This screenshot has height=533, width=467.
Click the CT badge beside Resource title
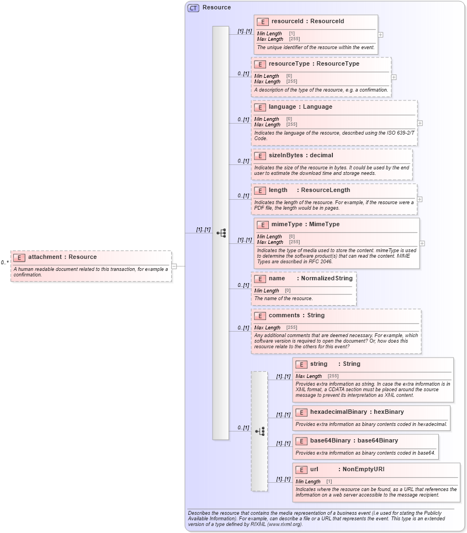(x=193, y=8)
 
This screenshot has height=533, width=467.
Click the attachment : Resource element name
(x=62, y=257)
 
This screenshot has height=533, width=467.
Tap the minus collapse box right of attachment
(x=174, y=266)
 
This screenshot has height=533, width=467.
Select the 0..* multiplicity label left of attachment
(x=4, y=263)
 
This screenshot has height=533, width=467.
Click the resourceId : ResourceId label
(x=307, y=22)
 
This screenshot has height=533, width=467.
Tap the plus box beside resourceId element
(x=380, y=34)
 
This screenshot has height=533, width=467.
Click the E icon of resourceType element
(x=260, y=64)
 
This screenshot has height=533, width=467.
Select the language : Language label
(x=300, y=107)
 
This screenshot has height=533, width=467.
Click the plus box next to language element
(x=420, y=123)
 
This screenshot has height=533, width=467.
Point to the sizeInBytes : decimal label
(x=301, y=156)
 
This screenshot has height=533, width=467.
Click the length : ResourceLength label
(x=309, y=190)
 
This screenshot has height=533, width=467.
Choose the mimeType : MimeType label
(x=305, y=225)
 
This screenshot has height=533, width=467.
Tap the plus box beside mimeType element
(x=422, y=243)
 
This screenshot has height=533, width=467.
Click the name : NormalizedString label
(x=310, y=279)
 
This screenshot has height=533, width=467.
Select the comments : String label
(x=296, y=316)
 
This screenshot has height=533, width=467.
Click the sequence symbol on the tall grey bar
(x=221, y=233)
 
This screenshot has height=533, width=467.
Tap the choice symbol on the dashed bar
(x=259, y=431)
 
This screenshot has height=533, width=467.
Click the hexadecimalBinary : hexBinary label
(x=357, y=412)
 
